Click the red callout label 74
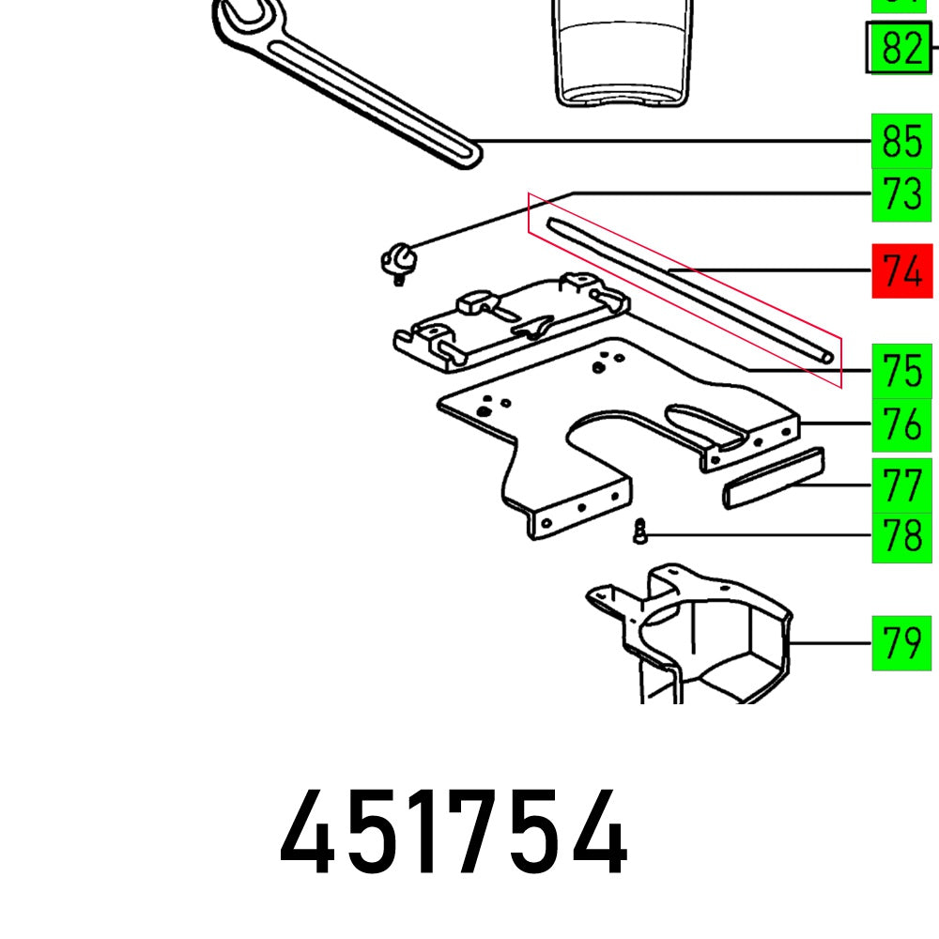point(901,271)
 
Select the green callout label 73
point(901,195)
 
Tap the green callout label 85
point(901,142)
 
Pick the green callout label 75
point(901,372)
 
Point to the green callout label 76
point(901,425)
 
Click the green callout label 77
point(901,485)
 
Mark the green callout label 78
point(901,537)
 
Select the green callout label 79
point(901,643)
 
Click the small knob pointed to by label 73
point(397,257)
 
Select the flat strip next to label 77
point(772,477)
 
